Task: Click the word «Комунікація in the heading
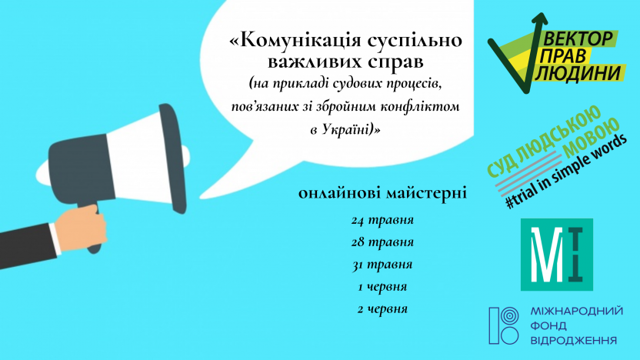pyautogui.click(x=295, y=40)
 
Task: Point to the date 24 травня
pyautogui.click(x=382, y=220)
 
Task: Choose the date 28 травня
pyautogui.click(x=382, y=242)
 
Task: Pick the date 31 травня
pyautogui.click(x=382, y=265)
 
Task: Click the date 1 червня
pyautogui.click(x=382, y=286)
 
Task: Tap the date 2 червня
pyautogui.click(x=382, y=309)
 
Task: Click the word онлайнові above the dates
pyautogui.click(x=338, y=192)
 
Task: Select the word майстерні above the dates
pyautogui.click(x=425, y=192)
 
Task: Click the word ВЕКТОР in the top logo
pyautogui.click(x=578, y=38)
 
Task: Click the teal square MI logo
pyautogui.click(x=557, y=255)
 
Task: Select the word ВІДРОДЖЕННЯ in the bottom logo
pyautogui.click(x=574, y=340)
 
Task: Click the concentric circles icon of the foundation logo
pyautogui.click(x=509, y=316)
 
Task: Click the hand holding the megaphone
pyautogui.click(x=81, y=227)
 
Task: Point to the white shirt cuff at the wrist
pyautogui.click(x=55, y=239)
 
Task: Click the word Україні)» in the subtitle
pyautogui.click(x=351, y=129)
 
